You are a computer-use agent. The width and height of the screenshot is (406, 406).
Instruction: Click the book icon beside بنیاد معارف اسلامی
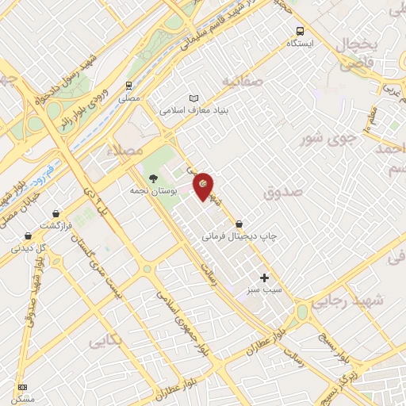[194, 98]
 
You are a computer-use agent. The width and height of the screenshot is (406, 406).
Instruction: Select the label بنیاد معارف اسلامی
[194, 111]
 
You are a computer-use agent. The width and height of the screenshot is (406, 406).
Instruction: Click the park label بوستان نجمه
[152, 191]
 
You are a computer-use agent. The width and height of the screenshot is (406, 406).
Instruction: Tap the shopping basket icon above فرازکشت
[56, 214]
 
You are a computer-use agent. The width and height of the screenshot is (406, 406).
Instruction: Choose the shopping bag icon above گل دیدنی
[29, 236]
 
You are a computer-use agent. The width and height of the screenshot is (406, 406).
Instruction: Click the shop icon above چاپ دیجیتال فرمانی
[239, 224]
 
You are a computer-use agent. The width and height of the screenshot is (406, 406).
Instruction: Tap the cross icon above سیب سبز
[265, 278]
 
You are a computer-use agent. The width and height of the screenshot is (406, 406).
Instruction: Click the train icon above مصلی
[128, 86]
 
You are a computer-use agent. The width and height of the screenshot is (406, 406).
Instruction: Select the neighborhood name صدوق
[282, 191]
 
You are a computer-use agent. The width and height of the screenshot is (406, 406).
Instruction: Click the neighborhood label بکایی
[105, 342]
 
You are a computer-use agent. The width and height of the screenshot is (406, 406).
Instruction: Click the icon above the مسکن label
[21, 387]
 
